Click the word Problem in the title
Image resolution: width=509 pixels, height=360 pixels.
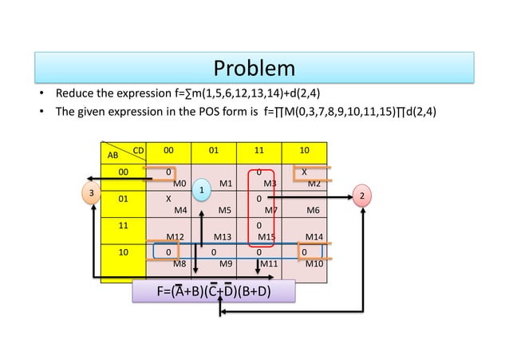click(254, 67)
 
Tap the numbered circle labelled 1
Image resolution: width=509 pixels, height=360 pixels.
click(203, 189)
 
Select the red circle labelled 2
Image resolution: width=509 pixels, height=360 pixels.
click(363, 196)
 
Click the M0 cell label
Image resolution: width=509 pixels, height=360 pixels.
click(180, 184)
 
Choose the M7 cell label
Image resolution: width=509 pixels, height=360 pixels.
click(270, 211)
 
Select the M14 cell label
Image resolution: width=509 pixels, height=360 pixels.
click(314, 237)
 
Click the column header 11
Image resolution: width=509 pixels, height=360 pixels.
click(259, 148)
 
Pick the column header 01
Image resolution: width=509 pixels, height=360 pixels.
click(214, 148)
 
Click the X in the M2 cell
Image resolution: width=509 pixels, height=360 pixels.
click(304, 172)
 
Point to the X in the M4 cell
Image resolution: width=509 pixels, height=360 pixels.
click(168, 198)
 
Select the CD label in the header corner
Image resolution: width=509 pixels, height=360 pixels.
click(138, 149)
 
